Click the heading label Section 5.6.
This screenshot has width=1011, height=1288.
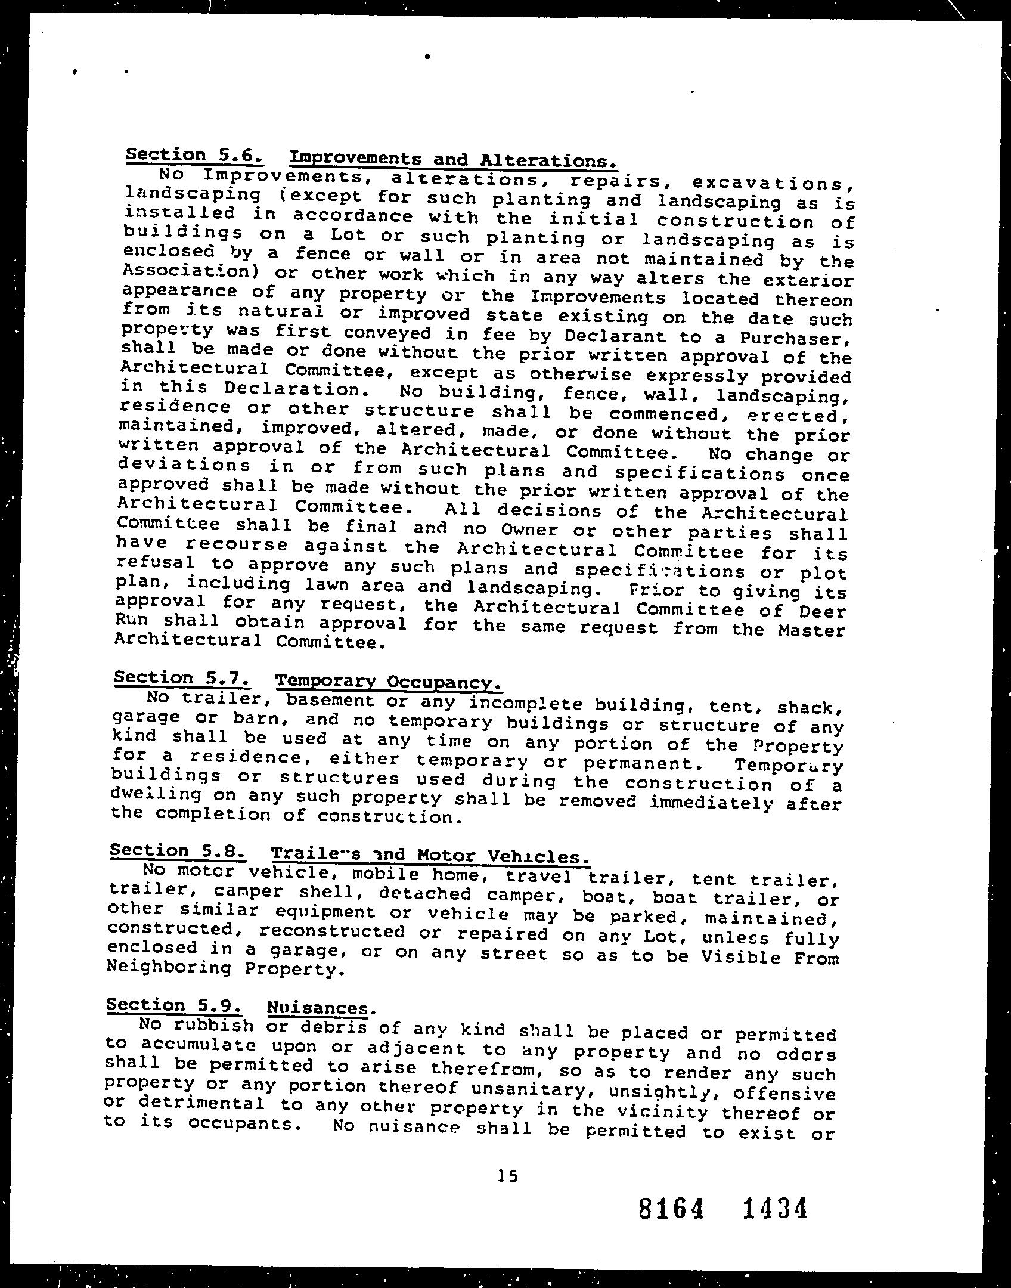click(x=194, y=156)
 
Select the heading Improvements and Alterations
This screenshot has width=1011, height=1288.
click(x=451, y=160)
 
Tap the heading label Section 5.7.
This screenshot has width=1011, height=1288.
click(x=181, y=678)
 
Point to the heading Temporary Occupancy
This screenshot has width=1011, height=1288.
click(x=388, y=682)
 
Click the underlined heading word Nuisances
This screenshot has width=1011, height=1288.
click(x=318, y=1008)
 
